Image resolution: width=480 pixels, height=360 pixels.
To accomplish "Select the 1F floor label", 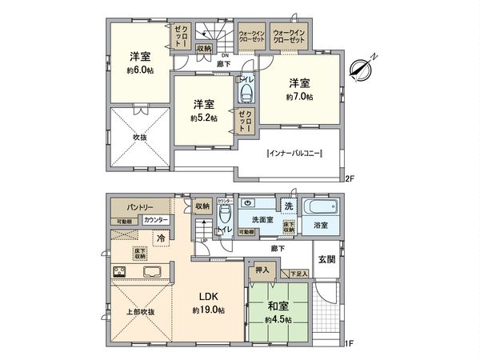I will coord(349,346).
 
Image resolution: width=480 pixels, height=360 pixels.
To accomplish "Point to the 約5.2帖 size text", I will coord(202,118).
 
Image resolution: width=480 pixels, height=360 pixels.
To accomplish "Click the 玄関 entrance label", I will coord(326,259).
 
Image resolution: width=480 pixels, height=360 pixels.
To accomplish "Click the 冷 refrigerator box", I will coord(162,238).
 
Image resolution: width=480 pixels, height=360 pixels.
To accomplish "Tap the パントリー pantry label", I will coord(133,207).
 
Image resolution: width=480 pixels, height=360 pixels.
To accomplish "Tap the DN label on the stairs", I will coord(202,55).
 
